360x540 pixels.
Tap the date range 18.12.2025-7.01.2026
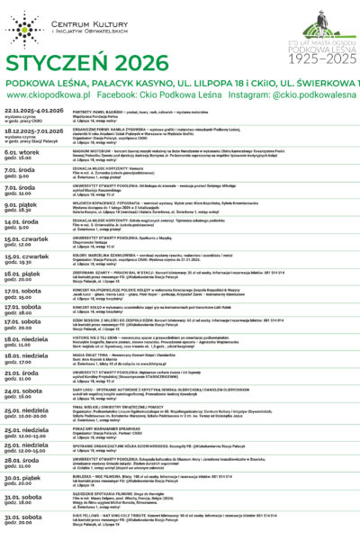coord(32,130)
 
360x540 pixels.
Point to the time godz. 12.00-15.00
coord(31,433)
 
